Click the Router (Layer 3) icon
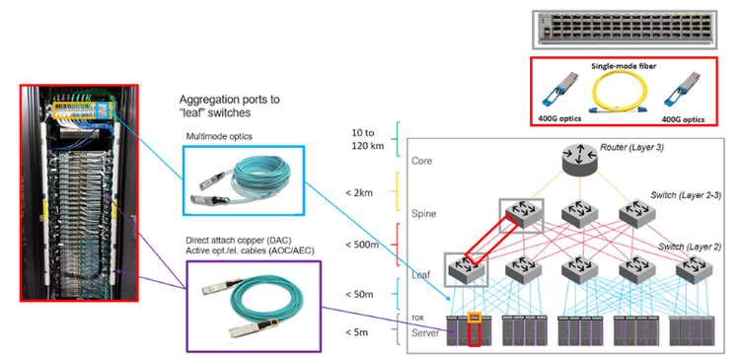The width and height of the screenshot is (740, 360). (577, 160)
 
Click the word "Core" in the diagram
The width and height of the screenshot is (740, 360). (422, 160)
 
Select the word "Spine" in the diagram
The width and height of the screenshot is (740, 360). (424, 212)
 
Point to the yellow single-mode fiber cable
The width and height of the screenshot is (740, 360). (627, 95)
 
